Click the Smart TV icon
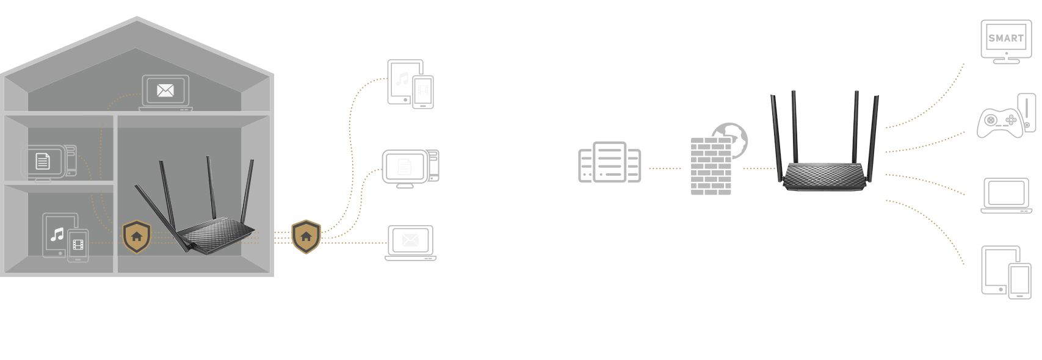tap(1005, 41)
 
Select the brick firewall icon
tap(711, 166)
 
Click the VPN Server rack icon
tap(609, 162)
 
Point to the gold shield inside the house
tap(137, 236)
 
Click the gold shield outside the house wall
tap(306, 236)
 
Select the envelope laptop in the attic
tap(165, 93)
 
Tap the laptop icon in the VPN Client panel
tap(1006, 196)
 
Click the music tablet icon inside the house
tap(65, 237)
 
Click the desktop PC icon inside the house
tap(48, 162)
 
